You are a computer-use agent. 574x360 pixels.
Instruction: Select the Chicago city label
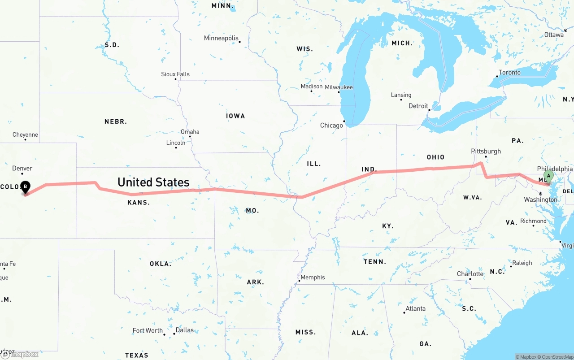point(331,126)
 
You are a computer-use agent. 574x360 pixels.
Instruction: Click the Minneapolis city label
point(221,38)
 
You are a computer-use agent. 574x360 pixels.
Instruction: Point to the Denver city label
point(22,169)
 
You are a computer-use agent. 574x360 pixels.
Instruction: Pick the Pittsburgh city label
point(486,151)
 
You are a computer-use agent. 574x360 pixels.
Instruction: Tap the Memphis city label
point(313,278)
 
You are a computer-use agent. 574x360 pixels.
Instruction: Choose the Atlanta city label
point(415,308)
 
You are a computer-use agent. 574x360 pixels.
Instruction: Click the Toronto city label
point(509,73)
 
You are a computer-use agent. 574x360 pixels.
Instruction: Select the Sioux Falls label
point(175,74)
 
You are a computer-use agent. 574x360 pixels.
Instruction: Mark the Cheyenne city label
point(25,134)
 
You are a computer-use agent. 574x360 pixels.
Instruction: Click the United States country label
point(153,182)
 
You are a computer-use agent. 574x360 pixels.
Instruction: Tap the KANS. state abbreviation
point(139,203)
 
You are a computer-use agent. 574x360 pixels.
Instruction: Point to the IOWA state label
point(235,116)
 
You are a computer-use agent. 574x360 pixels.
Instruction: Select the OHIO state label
point(435,157)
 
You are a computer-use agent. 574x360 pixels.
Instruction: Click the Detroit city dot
point(429,110)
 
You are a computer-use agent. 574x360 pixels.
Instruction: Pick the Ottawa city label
point(554,35)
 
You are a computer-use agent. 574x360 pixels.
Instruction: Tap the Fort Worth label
point(148,330)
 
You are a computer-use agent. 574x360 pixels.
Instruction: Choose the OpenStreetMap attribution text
point(555,357)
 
